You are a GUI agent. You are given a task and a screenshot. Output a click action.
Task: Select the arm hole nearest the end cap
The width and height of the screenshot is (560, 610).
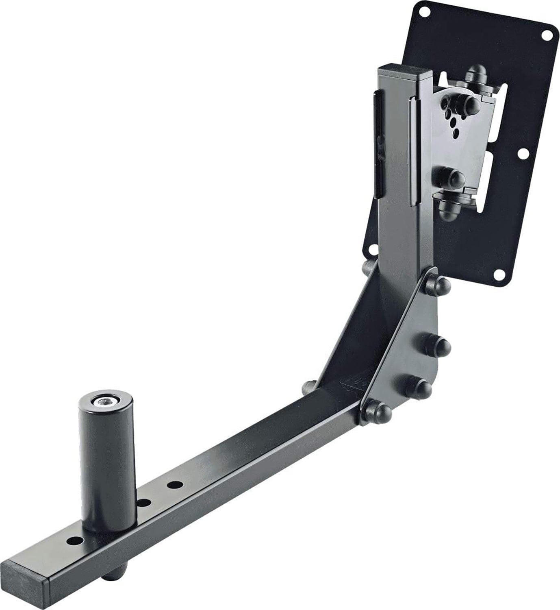click(x=74, y=541)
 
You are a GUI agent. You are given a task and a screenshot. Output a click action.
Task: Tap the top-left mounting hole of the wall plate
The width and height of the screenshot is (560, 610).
click(x=425, y=12)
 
